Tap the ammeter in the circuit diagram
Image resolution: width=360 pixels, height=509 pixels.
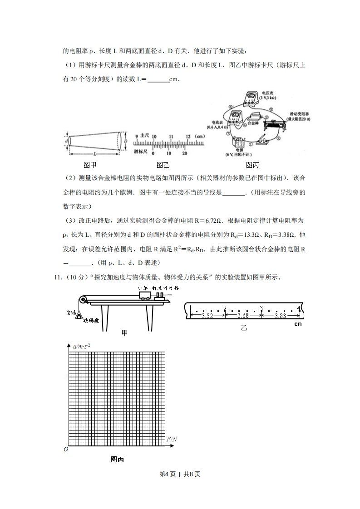(236, 117)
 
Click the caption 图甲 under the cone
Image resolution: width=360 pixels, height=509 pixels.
(90, 165)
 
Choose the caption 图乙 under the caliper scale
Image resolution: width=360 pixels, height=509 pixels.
(163, 165)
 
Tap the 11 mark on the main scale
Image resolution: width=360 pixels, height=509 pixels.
(171, 136)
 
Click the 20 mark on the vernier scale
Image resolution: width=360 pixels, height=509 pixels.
(185, 153)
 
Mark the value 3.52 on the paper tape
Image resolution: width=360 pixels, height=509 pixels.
(207, 316)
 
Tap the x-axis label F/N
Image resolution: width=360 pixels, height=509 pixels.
(172, 439)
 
